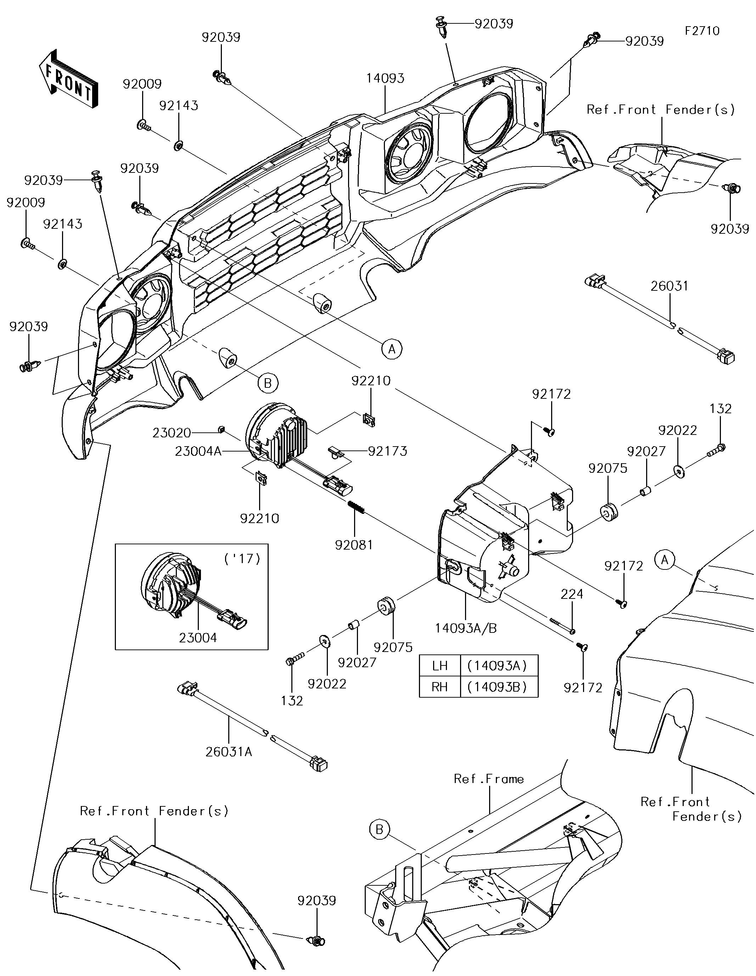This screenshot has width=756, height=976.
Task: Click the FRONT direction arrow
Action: pos(68,79)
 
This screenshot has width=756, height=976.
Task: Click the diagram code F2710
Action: pos(702,31)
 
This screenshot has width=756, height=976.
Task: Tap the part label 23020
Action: pos(171,433)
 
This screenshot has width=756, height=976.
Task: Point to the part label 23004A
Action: pos(198,452)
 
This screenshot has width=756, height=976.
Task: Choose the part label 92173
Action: pos(387,452)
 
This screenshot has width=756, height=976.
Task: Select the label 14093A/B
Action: pos(466,628)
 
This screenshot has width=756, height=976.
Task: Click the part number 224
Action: pos(572,594)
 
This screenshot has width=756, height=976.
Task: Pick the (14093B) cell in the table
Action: pos(499,687)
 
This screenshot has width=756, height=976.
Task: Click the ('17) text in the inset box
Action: pos(242,558)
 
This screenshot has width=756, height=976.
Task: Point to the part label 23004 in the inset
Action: pos(198,638)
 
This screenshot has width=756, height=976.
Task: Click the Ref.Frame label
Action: pos(488,779)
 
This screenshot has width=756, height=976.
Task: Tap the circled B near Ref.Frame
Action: pos(379,830)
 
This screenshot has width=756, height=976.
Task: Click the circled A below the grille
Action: pos(392,348)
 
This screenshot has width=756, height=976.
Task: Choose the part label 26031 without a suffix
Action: pos(669,286)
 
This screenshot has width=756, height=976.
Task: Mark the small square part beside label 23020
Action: pos(220,430)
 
